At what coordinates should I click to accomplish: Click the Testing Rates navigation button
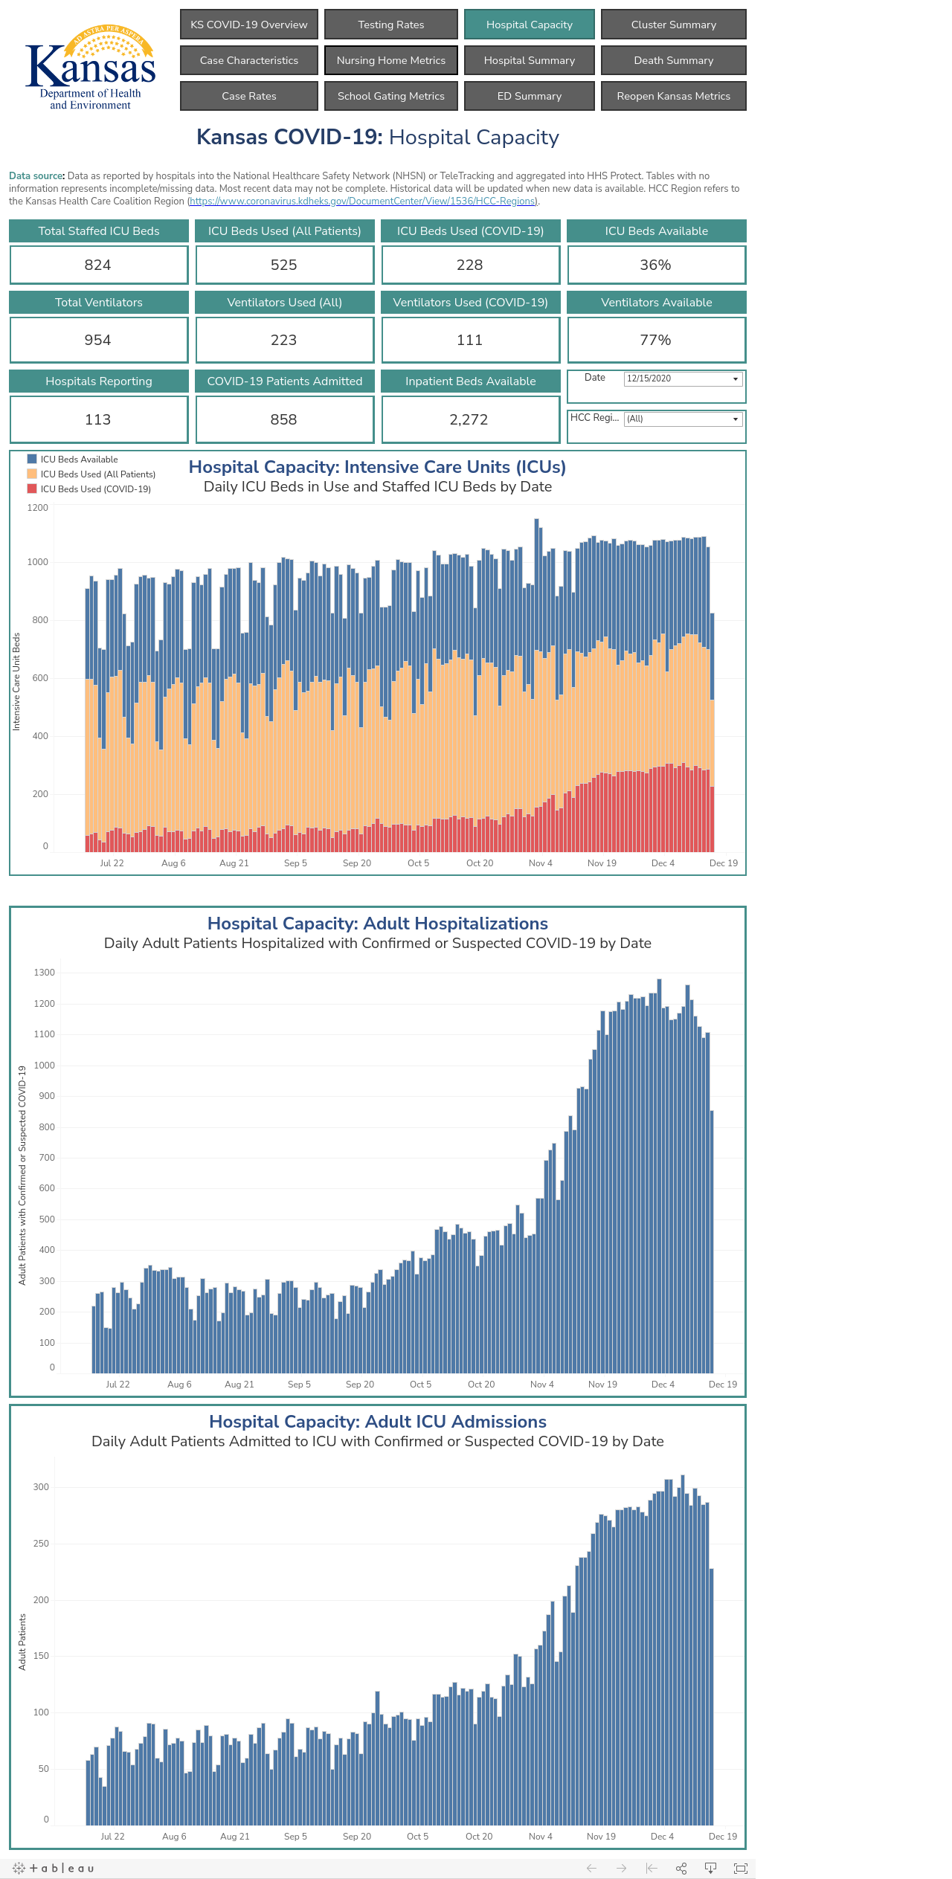(391, 25)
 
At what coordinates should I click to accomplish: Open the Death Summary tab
(673, 60)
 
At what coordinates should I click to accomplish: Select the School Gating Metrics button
(391, 96)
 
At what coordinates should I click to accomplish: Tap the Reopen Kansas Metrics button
(673, 96)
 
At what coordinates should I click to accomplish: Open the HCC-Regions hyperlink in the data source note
(363, 202)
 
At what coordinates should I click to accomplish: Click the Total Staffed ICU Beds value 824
(98, 265)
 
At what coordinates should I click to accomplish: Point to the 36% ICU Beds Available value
(656, 265)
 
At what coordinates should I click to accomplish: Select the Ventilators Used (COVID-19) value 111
(470, 340)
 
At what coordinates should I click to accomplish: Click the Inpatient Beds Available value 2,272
(469, 419)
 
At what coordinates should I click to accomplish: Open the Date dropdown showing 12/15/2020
(683, 378)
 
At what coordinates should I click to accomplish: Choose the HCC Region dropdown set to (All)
(683, 419)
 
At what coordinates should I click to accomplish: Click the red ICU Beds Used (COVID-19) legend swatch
(32, 489)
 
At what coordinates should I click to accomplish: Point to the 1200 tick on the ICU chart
(38, 508)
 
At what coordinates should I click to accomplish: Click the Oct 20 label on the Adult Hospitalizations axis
(481, 1384)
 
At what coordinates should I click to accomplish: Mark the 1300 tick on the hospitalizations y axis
(45, 973)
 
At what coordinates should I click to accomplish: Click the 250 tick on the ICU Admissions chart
(41, 1544)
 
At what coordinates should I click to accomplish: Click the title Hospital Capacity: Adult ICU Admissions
(378, 1422)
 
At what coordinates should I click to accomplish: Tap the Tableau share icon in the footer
(681, 1868)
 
